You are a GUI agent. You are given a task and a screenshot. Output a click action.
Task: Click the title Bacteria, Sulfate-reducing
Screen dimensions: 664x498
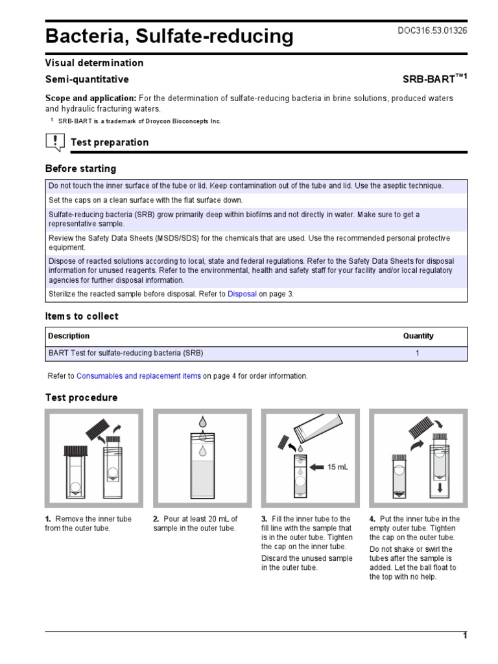pyautogui.click(x=169, y=36)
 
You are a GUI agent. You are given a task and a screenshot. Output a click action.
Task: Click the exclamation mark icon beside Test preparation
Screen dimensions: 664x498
pyautogui.click(x=56, y=141)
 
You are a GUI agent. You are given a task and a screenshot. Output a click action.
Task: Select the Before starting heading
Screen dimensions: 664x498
pyautogui.click(x=80, y=169)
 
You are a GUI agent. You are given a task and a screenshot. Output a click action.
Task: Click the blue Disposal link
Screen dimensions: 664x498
pyautogui.click(x=242, y=294)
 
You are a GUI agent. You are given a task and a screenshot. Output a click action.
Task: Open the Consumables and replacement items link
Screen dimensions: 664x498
pyautogui.click(x=138, y=376)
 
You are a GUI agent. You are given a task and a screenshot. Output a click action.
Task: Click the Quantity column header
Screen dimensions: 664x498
pyautogui.click(x=418, y=336)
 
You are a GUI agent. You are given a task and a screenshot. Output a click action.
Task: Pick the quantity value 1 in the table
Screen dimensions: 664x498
pyautogui.click(x=418, y=353)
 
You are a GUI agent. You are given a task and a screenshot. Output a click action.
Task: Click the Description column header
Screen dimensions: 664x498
pyautogui.click(x=69, y=336)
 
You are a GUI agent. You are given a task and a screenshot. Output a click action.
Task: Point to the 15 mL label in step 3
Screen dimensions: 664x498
pyautogui.click(x=338, y=467)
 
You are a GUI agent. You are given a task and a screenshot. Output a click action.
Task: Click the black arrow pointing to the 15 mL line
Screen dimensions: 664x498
pyautogui.click(x=317, y=467)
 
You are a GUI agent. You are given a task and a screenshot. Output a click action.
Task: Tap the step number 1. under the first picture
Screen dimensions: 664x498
pyautogui.click(x=48, y=519)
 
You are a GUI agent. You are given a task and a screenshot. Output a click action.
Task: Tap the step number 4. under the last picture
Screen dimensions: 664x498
pyautogui.click(x=372, y=519)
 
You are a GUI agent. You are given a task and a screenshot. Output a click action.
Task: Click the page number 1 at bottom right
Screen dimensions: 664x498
pyautogui.click(x=464, y=635)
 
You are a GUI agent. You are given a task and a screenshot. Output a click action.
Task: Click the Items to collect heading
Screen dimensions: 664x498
pyautogui.click(x=82, y=316)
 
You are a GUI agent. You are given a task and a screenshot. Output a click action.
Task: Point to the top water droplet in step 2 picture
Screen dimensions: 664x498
pyautogui.click(x=202, y=421)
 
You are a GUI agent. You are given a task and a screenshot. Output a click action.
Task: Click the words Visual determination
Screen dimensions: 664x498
pyautogui.click(x=94, y=63)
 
